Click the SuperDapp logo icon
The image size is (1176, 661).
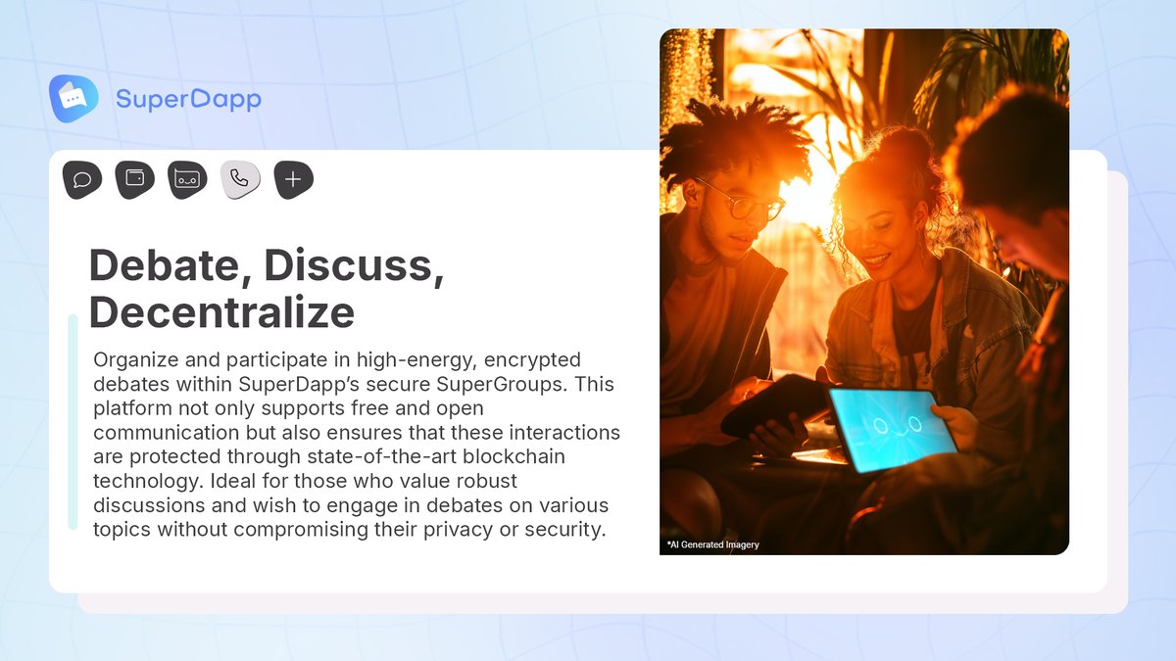coord(73,98)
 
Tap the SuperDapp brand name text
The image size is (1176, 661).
coord(188,99)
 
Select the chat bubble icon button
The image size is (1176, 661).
coord(82,179)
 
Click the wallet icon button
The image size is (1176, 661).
coord(135,179)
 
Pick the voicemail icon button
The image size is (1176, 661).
coord(187,179)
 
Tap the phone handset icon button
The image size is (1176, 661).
coord(240,179)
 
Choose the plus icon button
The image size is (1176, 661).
coord(293,179)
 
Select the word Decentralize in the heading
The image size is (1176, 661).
coord(221,311)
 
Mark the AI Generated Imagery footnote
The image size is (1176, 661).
coord(712,544)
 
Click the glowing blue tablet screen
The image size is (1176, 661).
coord(891,428)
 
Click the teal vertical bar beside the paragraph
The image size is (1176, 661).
coord(73,421)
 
